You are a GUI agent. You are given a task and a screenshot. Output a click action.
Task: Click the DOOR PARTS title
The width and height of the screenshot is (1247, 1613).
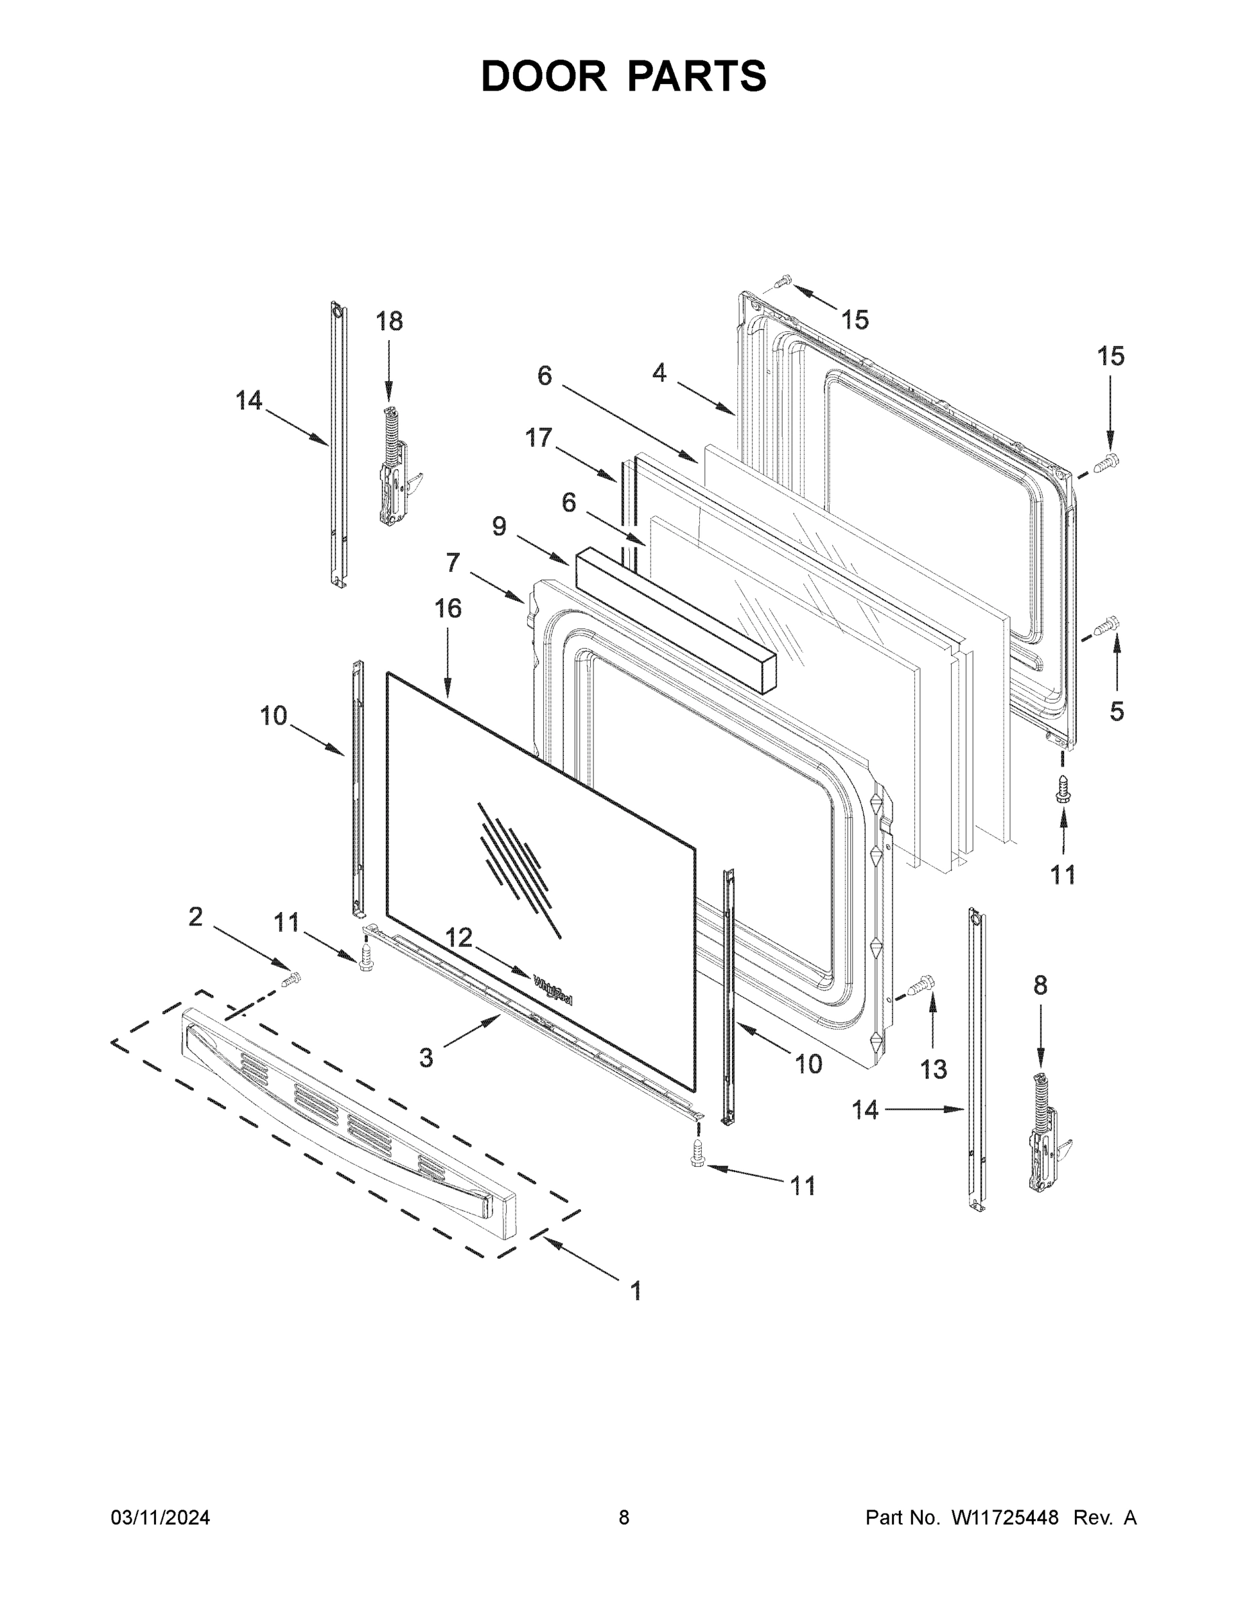[624, 76]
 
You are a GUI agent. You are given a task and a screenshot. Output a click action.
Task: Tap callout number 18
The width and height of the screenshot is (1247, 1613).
[389, 321]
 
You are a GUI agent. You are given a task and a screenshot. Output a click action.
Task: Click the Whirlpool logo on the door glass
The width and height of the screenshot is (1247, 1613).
[553, 990]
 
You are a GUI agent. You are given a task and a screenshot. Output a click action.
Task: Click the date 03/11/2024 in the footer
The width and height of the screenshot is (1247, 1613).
[160, 1518]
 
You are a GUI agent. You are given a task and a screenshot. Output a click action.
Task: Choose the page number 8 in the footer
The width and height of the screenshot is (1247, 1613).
[624, 1518]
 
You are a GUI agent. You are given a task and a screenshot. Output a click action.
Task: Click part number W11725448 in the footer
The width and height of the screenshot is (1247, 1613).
[1005, 1518]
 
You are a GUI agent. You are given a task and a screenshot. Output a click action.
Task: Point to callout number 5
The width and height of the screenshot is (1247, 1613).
[1116, 712]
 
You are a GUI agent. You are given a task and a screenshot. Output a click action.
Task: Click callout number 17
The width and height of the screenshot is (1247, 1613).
[538, 438]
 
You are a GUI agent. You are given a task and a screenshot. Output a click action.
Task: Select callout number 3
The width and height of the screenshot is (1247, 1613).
[426, 1059]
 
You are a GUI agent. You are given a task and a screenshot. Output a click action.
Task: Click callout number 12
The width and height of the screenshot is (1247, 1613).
[458, 938]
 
